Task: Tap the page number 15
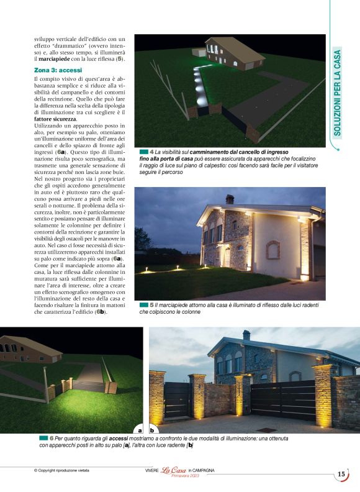(x=341, y=474)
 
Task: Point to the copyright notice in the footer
(x=61, y=470)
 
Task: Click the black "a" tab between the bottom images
(x=140, y=429)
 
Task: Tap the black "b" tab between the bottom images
(x=152, y=429)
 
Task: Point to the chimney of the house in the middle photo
(x=229, y=199)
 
